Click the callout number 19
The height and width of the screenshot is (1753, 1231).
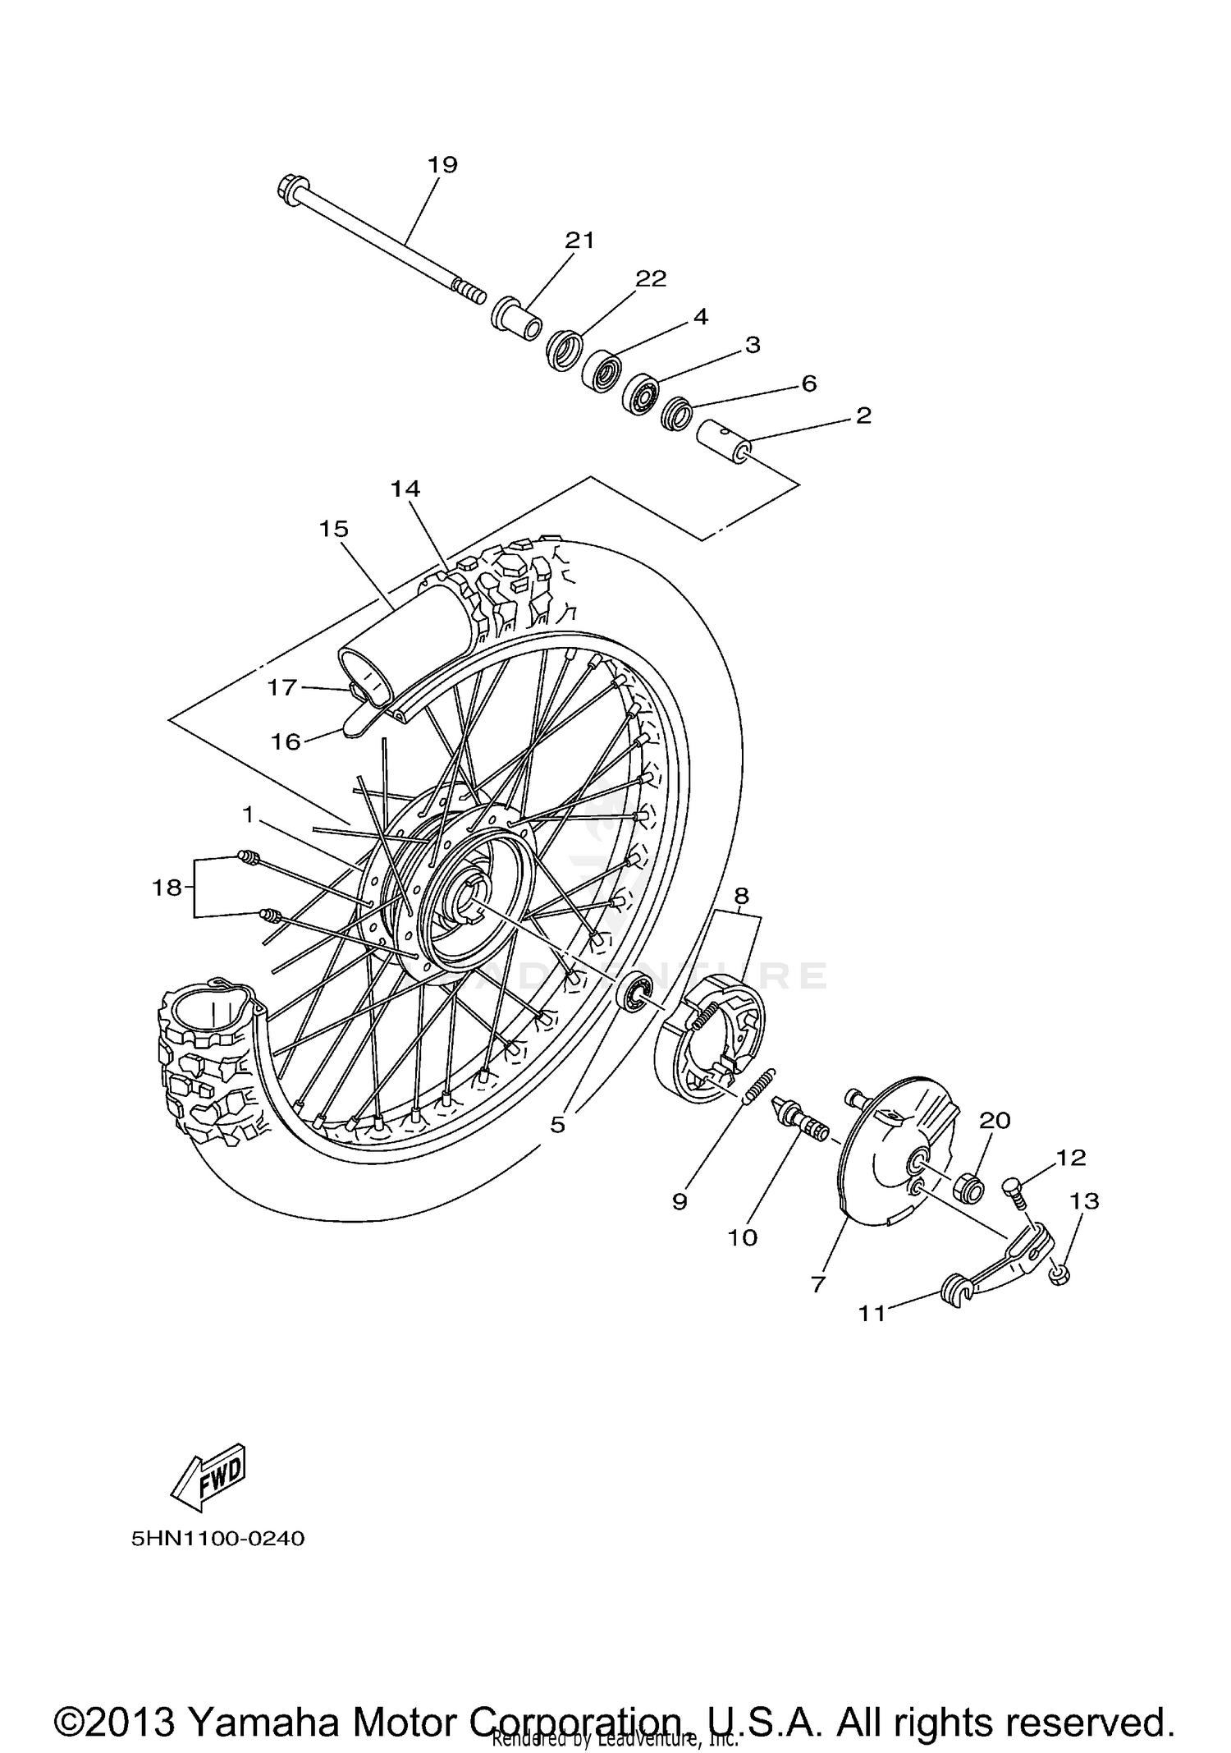click(442, 164)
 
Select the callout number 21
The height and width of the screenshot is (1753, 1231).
click(579, 241)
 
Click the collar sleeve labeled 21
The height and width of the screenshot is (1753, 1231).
click(515, 319)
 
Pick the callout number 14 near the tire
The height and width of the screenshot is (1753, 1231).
click(405, 489)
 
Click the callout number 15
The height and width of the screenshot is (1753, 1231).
click(334, 529)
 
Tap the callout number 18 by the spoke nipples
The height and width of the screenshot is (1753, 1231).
click(166, 887)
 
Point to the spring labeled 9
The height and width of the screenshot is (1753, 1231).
click(759, 1084)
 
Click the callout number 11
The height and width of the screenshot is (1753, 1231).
click(872, 1314)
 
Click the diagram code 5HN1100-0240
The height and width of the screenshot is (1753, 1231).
click(217, 1538)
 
